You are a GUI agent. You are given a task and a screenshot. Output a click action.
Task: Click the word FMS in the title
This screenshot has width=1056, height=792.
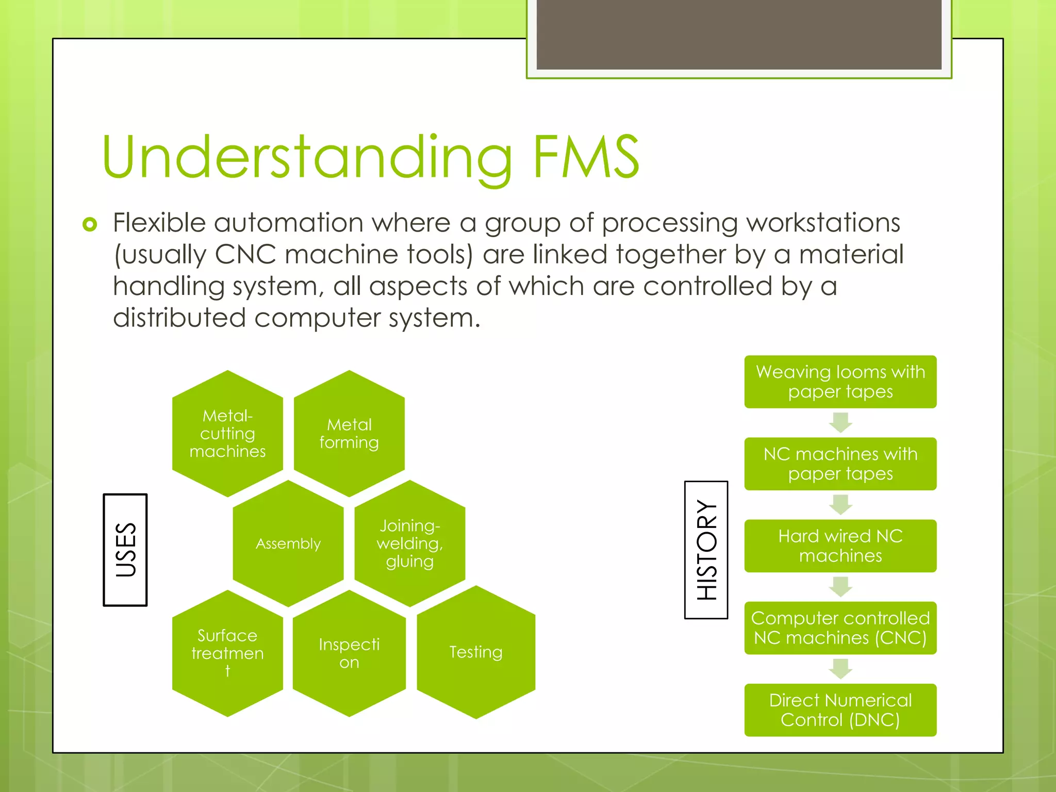point(585,156)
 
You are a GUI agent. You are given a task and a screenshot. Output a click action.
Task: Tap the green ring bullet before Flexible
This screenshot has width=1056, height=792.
point(90,224)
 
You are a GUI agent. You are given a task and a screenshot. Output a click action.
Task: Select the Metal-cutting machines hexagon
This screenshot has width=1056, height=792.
point(227,434)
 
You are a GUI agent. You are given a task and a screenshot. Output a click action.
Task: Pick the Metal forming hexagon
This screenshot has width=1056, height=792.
point(349,434)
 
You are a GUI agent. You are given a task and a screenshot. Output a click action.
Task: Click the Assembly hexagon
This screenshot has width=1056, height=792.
point(288,543)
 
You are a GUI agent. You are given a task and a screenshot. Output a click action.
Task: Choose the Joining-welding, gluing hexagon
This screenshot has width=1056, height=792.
point(410,543)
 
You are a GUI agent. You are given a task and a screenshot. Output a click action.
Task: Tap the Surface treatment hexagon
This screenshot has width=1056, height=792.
point(227,653)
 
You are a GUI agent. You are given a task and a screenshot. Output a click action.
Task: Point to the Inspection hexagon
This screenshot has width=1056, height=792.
point(349,653)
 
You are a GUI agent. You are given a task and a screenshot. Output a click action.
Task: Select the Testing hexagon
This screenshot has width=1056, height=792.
point(475,652)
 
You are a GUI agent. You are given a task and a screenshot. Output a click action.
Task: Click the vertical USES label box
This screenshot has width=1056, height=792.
point(125,550)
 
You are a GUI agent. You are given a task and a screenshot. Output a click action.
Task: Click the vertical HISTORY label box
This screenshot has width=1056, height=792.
point(706,550)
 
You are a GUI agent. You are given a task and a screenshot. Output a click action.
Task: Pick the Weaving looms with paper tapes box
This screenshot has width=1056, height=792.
point(840,382)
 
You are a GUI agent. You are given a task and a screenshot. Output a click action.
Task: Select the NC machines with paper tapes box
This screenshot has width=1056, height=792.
point(840,464)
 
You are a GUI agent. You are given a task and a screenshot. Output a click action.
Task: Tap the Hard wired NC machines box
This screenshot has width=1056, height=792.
point(840,546)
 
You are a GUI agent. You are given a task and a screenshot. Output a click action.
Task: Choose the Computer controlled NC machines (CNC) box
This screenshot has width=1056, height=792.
point(840,628)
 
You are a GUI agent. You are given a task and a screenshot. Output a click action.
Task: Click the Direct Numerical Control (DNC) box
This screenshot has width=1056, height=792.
point(840,709)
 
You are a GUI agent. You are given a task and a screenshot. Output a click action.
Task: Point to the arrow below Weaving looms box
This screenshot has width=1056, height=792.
point(840,422)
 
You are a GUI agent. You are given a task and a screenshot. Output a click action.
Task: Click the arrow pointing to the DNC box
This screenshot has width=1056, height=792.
point(840,669)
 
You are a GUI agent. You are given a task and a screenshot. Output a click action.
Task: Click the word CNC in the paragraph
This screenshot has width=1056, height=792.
point(245,255)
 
